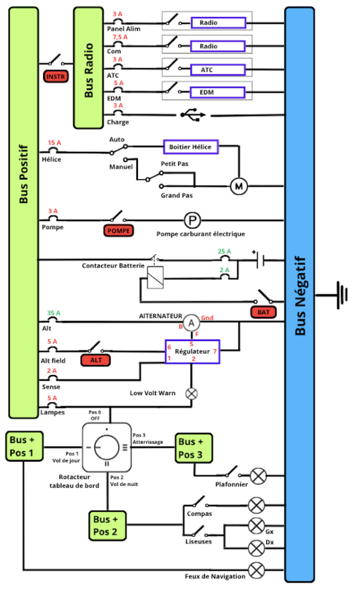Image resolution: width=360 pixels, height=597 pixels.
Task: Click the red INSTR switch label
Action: [55, 76]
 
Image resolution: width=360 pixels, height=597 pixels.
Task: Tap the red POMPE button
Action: [118, 231]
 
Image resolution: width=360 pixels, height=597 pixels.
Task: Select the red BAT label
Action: [263, 312]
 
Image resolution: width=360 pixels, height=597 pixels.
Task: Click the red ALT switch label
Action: [96, 360]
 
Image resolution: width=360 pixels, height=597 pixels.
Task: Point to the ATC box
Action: [218, 70]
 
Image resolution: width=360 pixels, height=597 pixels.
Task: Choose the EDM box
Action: [218, 93]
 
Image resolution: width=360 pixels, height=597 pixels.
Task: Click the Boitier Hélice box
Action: [190, 147]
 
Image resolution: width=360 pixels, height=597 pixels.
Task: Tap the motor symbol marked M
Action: [239, 186]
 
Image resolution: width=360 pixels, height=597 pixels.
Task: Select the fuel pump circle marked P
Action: [192, 220]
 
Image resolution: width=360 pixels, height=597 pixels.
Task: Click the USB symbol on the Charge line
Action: [193, 115]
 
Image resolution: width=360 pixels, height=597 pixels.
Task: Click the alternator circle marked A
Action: [192, 323]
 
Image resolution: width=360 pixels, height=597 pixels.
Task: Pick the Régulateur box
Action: [192, 352]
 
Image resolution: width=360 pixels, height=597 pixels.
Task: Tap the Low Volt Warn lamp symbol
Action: [192, 394]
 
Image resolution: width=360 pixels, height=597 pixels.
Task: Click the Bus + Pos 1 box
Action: [24, 446]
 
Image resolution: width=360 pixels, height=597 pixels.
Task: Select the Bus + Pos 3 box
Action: [193, 448]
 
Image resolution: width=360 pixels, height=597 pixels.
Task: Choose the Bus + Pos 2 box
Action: [108, 525]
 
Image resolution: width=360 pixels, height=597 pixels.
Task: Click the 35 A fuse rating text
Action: [54, 313]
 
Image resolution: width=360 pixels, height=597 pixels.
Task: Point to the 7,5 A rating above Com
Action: [120, 37]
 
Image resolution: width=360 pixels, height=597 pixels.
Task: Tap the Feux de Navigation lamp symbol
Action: [256, 570]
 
